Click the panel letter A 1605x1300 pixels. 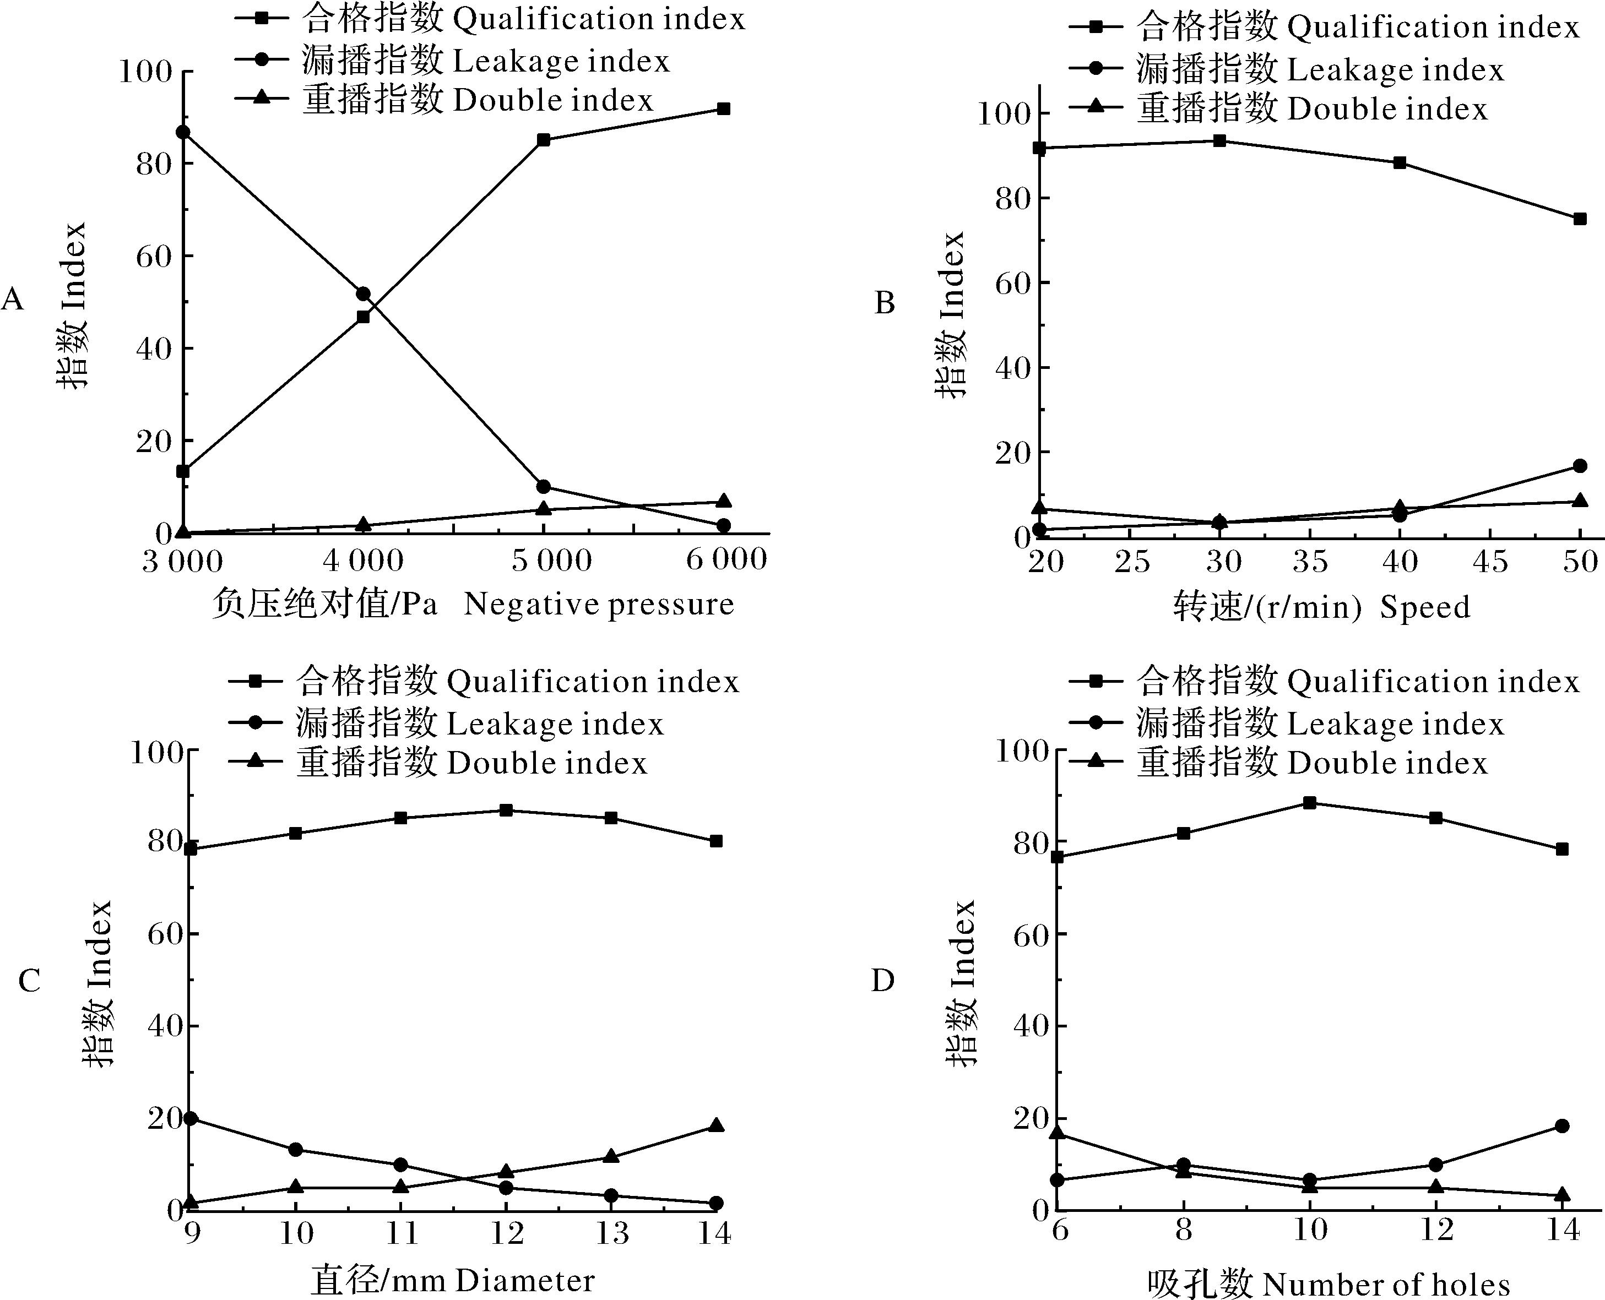tap(13, 300)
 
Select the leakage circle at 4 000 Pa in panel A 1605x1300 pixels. tap(363, 293)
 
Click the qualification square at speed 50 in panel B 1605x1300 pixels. tap(1580, 219)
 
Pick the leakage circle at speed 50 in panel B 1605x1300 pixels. tap(1580, 466)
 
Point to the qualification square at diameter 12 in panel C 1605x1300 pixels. tap(506, 811)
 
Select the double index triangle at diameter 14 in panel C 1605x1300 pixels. tap(716, 1125)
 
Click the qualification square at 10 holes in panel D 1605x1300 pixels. tap(1310, 803)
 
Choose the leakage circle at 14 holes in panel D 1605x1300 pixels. tap(1562, 1125)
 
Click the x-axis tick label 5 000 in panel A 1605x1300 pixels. tap(552, 560)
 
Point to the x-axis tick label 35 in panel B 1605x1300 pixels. tap(1311, 562)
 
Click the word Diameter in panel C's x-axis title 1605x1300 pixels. tap(524, 1281)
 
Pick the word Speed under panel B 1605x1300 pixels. tap(1425, 607)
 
